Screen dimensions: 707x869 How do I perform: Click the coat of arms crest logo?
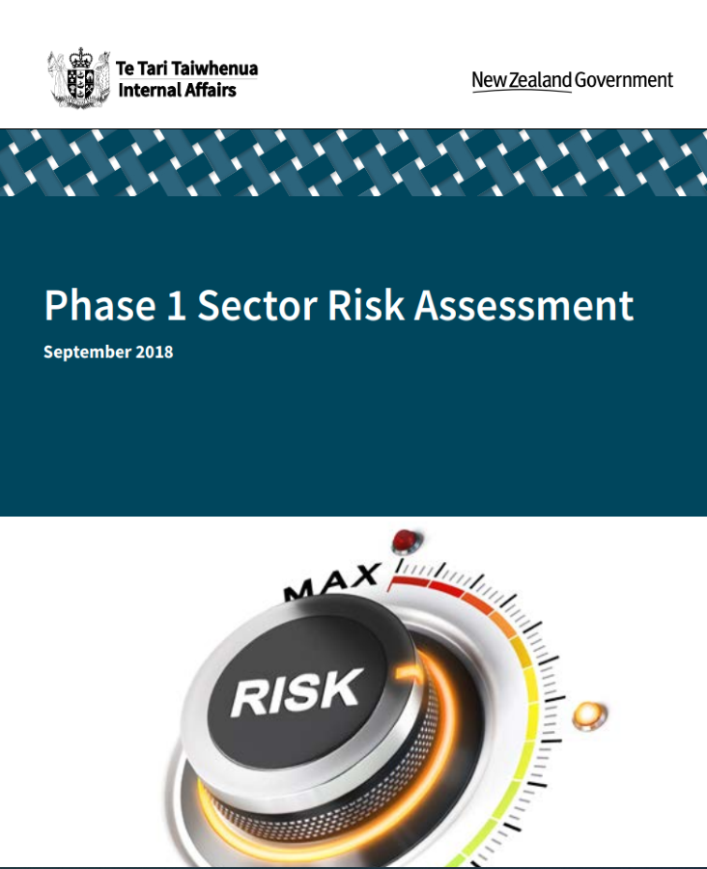pos(79,78)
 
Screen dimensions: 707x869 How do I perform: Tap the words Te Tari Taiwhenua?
pos(186,69)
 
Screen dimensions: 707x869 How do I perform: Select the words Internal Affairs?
pos(178,90)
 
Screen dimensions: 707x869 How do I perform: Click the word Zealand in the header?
pos(540,80)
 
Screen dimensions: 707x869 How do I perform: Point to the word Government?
pos(624,80)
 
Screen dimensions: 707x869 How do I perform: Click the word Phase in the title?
pos(99,305)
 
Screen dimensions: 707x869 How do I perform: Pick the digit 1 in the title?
pos(177,305)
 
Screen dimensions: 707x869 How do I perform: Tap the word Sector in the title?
pos(257,305)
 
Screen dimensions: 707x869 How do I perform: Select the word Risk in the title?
pos(366,304)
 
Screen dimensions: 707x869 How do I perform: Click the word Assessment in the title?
pos(524,305)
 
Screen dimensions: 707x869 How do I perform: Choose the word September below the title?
pos(87,352)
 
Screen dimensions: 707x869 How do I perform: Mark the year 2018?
pos(155,351)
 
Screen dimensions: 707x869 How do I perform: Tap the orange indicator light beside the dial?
pos(589,715)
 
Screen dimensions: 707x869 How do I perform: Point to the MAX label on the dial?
pos(332,582)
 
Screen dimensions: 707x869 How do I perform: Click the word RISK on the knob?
pos(297,691)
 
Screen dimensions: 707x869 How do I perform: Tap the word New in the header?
pos(489,80)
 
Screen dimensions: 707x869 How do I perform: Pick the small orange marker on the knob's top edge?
pos(410,673)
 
